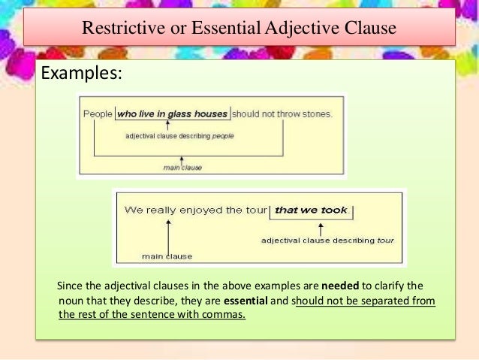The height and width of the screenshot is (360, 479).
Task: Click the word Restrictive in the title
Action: point(116,29)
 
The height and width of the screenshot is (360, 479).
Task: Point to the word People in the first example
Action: point(98,114)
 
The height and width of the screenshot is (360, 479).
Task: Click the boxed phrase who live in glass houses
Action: point(172,114)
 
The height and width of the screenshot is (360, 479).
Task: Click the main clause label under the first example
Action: point(182,167)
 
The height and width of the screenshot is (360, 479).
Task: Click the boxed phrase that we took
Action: point(311,210)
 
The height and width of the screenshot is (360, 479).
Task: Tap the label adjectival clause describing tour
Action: point(327,241)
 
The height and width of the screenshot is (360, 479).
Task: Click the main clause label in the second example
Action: point(167,256)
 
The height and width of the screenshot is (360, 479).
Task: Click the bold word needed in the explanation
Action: point(340,286)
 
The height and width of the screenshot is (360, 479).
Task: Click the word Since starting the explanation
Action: point(70,286)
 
